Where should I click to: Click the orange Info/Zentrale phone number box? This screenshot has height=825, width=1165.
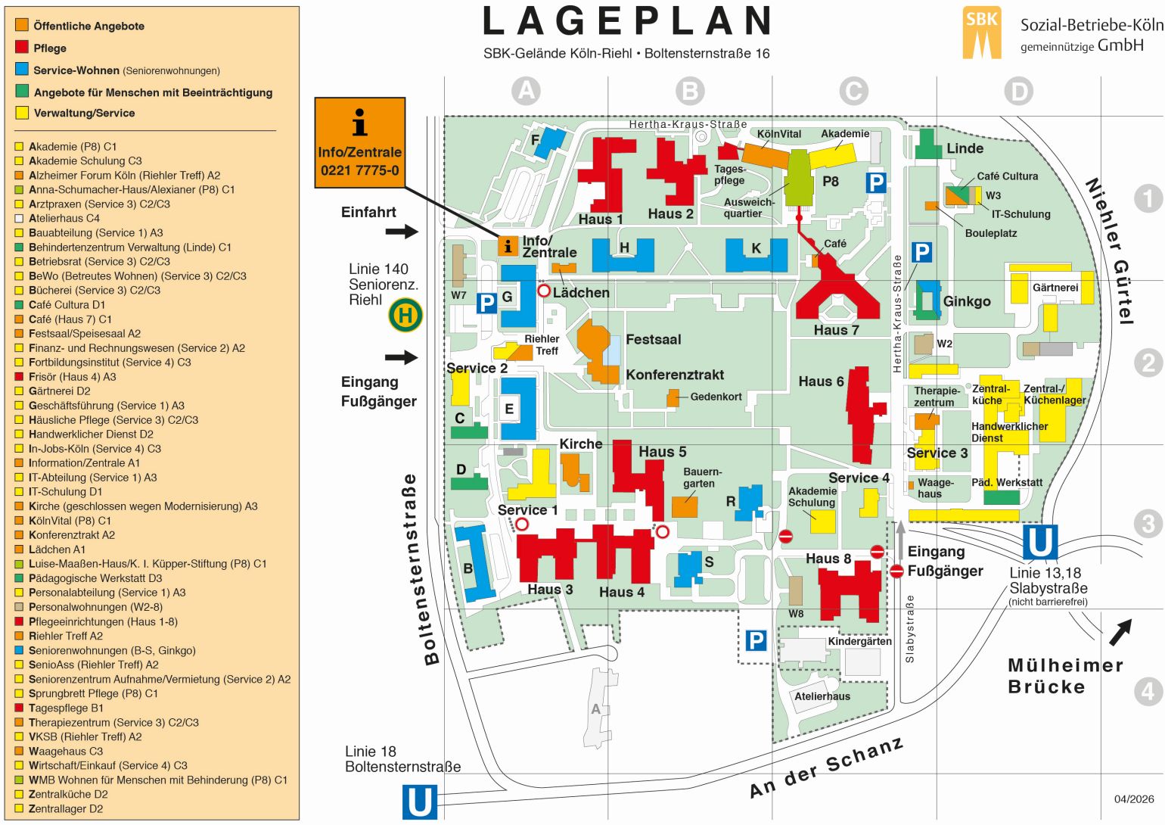tap(359, 142)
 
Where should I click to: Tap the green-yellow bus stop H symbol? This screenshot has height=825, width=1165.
tap(405, 315)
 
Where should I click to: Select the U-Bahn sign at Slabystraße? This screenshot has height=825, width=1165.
tap(1039, 543)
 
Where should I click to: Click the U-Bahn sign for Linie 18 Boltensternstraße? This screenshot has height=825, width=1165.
tap(420, 802)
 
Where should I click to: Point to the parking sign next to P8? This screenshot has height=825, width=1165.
tap(876, 182)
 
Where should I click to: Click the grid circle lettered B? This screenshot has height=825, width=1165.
tap(690, 92)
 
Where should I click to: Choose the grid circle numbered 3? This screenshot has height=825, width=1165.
tap(1148, 523)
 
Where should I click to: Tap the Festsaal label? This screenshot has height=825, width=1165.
tap(653, 340)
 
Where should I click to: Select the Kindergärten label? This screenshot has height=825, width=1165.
tap(859, 641)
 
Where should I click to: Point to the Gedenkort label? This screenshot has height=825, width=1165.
tap(716, 397)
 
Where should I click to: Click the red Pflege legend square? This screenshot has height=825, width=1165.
tap(22, 47)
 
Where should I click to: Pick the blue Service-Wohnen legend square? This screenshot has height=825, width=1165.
tap(22, 70)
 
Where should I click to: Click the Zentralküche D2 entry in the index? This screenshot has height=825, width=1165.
tap(68, 794)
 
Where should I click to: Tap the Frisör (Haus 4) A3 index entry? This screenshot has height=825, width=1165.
tap(72, 377)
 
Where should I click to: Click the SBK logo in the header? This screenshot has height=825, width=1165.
tap(981, 33)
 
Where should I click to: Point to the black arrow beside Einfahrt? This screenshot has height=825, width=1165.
tap(402, 231)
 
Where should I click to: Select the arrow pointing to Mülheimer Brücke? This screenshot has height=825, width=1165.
tap(1120, 631)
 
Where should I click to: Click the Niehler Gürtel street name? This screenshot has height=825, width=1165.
tap(1110, 251)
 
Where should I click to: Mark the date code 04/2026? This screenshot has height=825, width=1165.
tap(1134, 799)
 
